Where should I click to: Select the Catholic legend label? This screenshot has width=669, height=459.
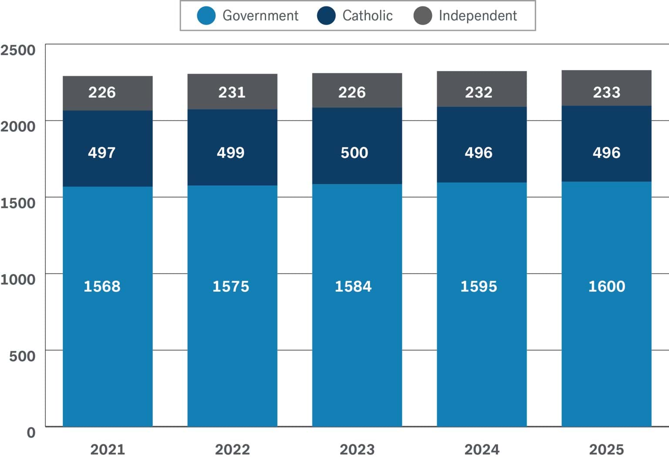pyautogui.click(x=367, y=16)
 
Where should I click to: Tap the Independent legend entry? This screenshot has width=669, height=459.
pyautogui.click(x=477, y=16)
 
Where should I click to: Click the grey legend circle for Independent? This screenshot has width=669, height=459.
pyautogui.click(x=422, y=16)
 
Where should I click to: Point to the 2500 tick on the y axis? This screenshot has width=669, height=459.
pyautogui.click(x=18, y=50)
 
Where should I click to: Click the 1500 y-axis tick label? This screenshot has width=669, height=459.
pyautogui.click(x=18, y=203)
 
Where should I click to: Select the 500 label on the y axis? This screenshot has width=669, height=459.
pyautogui.click(x=22, y=356)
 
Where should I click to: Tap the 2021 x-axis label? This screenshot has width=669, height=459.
pyautogui.click(x=107, y=449)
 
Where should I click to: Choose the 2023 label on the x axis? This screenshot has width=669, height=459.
pyautogui.click(x=357, y=449)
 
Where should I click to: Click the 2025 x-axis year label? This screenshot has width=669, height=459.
pyautogui.click(x=606, y=449)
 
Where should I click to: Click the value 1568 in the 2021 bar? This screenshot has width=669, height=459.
pyautogui.click(x=102, y=286)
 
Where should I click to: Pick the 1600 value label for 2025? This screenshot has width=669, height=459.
pyautogui.click(x=606, y=286)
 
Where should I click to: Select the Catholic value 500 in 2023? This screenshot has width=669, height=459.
pyautogui.click(x=354, y=153)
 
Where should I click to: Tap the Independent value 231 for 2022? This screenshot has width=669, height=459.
pyautogui.click(x=232, y=92)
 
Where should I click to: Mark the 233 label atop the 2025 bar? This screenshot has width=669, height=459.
pyautogui.click(x=606, y=92)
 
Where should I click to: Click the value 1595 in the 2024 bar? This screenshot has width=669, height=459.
pyautogui.click(x=478, y=286)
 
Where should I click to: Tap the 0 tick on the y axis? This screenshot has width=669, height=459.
pyautogui.click(x=31, y=432)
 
